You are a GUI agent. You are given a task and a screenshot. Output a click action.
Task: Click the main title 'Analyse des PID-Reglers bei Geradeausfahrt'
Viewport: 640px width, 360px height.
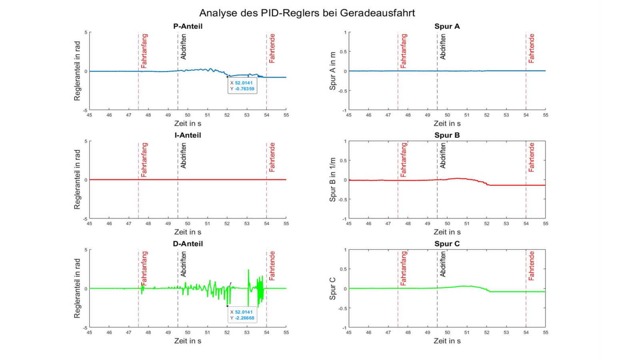tap(307, 13)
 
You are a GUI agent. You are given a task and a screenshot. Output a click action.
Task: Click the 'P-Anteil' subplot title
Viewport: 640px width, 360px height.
tap(188, 26)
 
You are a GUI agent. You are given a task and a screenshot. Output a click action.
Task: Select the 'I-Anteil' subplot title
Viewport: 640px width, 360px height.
tap(188, 135)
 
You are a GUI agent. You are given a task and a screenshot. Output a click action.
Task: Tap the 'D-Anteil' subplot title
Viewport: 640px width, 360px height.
tap(188, 244)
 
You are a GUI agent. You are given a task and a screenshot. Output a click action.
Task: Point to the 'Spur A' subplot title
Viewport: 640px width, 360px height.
tap(447, 26)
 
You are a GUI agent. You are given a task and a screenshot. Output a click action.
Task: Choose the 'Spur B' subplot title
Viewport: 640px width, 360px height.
tap(447, 135)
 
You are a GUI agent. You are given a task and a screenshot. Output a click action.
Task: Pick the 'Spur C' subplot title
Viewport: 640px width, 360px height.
tap(447, 244)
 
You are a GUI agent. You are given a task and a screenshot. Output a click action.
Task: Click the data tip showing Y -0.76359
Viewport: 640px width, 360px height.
tap(242, 86)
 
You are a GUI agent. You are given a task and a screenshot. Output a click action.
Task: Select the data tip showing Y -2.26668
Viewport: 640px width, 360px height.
tap(242, 315)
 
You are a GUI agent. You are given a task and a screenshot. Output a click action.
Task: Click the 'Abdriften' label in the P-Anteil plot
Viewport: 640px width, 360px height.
tap(183, 47)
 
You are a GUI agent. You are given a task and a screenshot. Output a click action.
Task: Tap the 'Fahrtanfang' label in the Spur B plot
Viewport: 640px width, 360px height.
tap(403, 160)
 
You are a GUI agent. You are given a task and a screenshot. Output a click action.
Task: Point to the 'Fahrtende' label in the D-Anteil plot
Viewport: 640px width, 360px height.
tap(272, 266)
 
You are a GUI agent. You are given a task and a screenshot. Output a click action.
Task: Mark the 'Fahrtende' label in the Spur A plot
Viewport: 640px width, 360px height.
tap(531, 48)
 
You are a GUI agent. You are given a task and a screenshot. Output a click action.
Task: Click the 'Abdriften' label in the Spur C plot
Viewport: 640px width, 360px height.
tap(442, 264)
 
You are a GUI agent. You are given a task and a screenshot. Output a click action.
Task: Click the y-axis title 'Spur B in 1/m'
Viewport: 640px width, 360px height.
tap(332, 180)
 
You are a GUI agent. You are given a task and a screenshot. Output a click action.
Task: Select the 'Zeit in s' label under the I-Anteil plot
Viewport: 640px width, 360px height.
tap(188, 232)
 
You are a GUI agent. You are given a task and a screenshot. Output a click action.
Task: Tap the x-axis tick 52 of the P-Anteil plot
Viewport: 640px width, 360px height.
tap(227, 115)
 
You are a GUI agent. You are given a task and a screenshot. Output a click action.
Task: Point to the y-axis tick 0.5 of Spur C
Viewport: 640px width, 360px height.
tap(343, 269)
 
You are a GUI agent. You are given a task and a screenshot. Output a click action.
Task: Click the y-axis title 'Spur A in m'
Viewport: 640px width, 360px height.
tap(332, 71)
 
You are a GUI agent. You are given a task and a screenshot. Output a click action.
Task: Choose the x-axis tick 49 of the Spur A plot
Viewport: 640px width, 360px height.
tap(427, 115)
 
